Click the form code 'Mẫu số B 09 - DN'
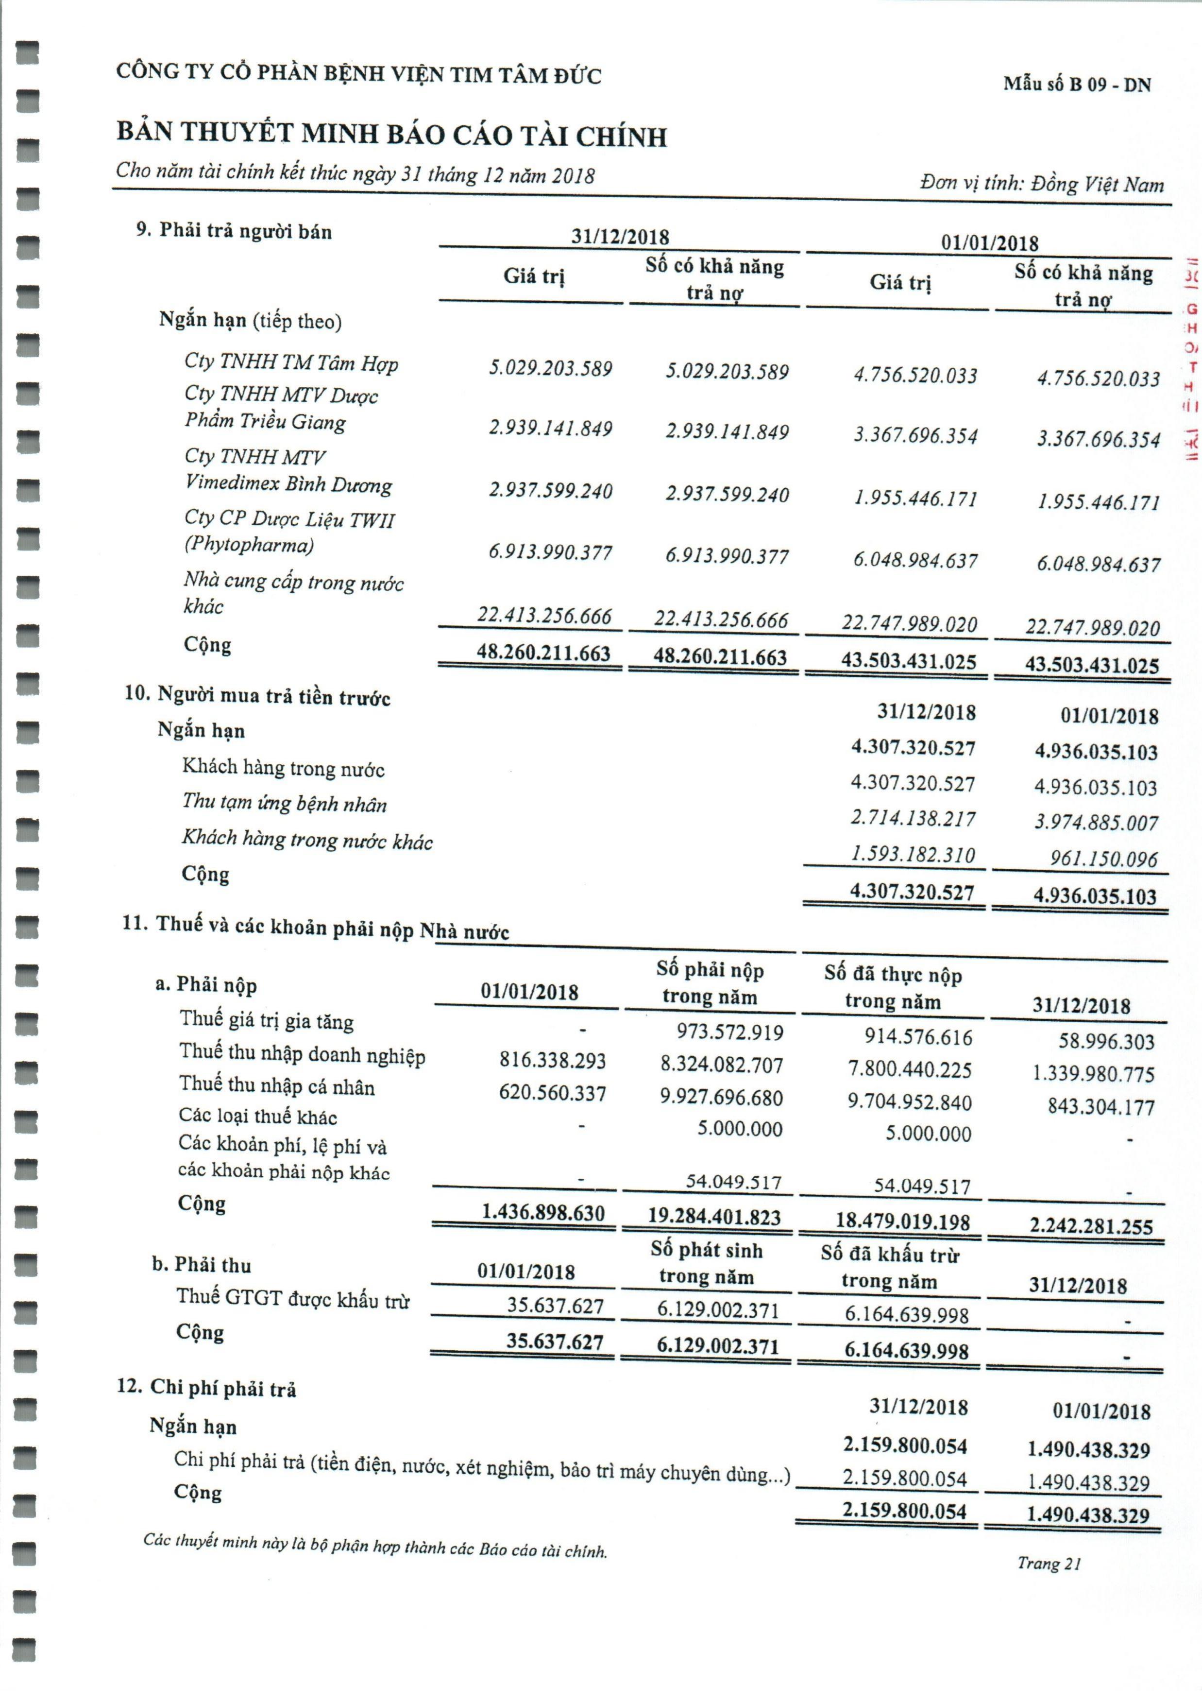pyautogui.click(x=1077, y=84)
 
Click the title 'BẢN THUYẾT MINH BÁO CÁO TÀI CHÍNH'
pyautogui.click(x=391, y=134)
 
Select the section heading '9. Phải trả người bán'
pyautogui.click(x=234, y=231)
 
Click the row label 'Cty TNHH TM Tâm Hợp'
pyautogui.click(x=291, y=362)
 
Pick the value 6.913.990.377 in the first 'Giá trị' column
pyautogui.click(x=550, y=552)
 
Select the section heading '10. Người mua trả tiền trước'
pyautogui.click(x=257, y=696)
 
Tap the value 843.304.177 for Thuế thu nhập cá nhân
pyautogui.click(x=1100, y=1107)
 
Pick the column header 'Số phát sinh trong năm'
pyautogui.click(x=706, y=1263)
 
